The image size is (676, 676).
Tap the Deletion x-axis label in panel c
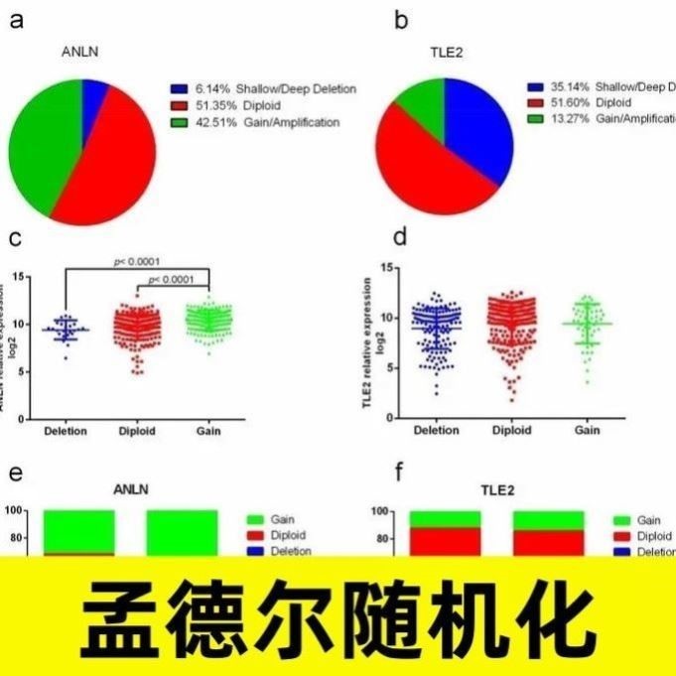[68, 431]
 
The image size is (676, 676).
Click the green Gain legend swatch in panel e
[254, 519]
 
